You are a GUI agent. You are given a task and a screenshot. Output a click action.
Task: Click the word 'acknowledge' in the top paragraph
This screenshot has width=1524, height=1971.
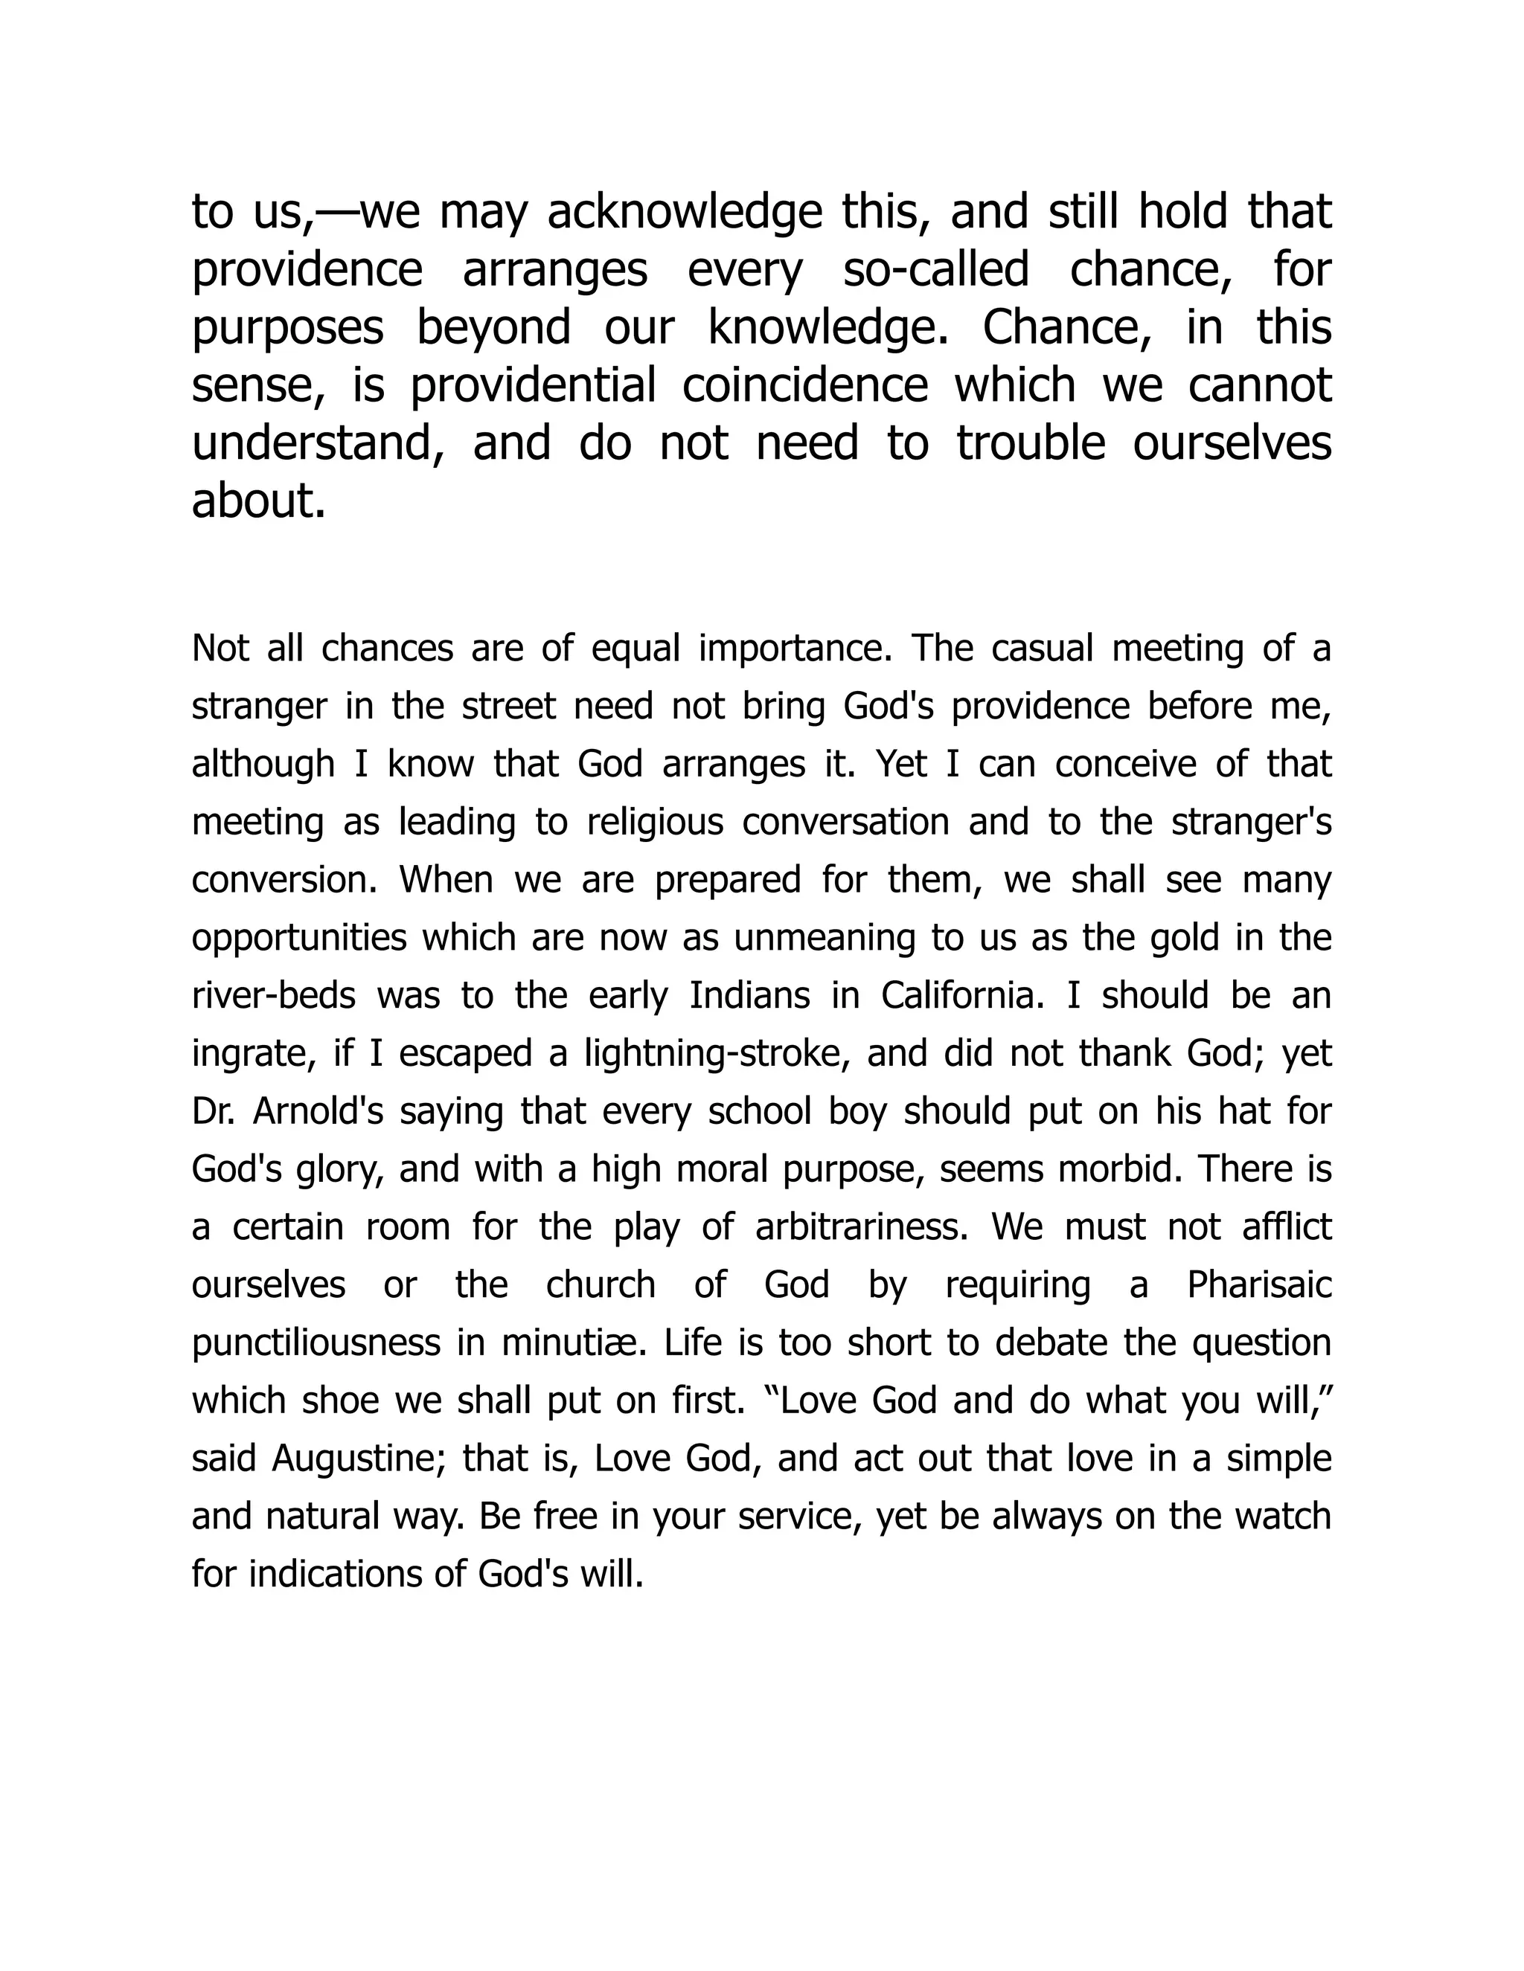[x=685, y=212]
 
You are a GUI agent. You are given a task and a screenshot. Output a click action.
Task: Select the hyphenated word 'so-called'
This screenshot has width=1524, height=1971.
[x=935, y=270]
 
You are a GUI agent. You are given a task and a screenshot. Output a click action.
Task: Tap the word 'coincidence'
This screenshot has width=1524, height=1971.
[x=804, y=385]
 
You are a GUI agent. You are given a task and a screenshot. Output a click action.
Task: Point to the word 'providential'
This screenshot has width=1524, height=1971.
[x=533, y=385]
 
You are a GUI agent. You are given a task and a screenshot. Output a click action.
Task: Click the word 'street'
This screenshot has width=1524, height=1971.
[x=508, y=706]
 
